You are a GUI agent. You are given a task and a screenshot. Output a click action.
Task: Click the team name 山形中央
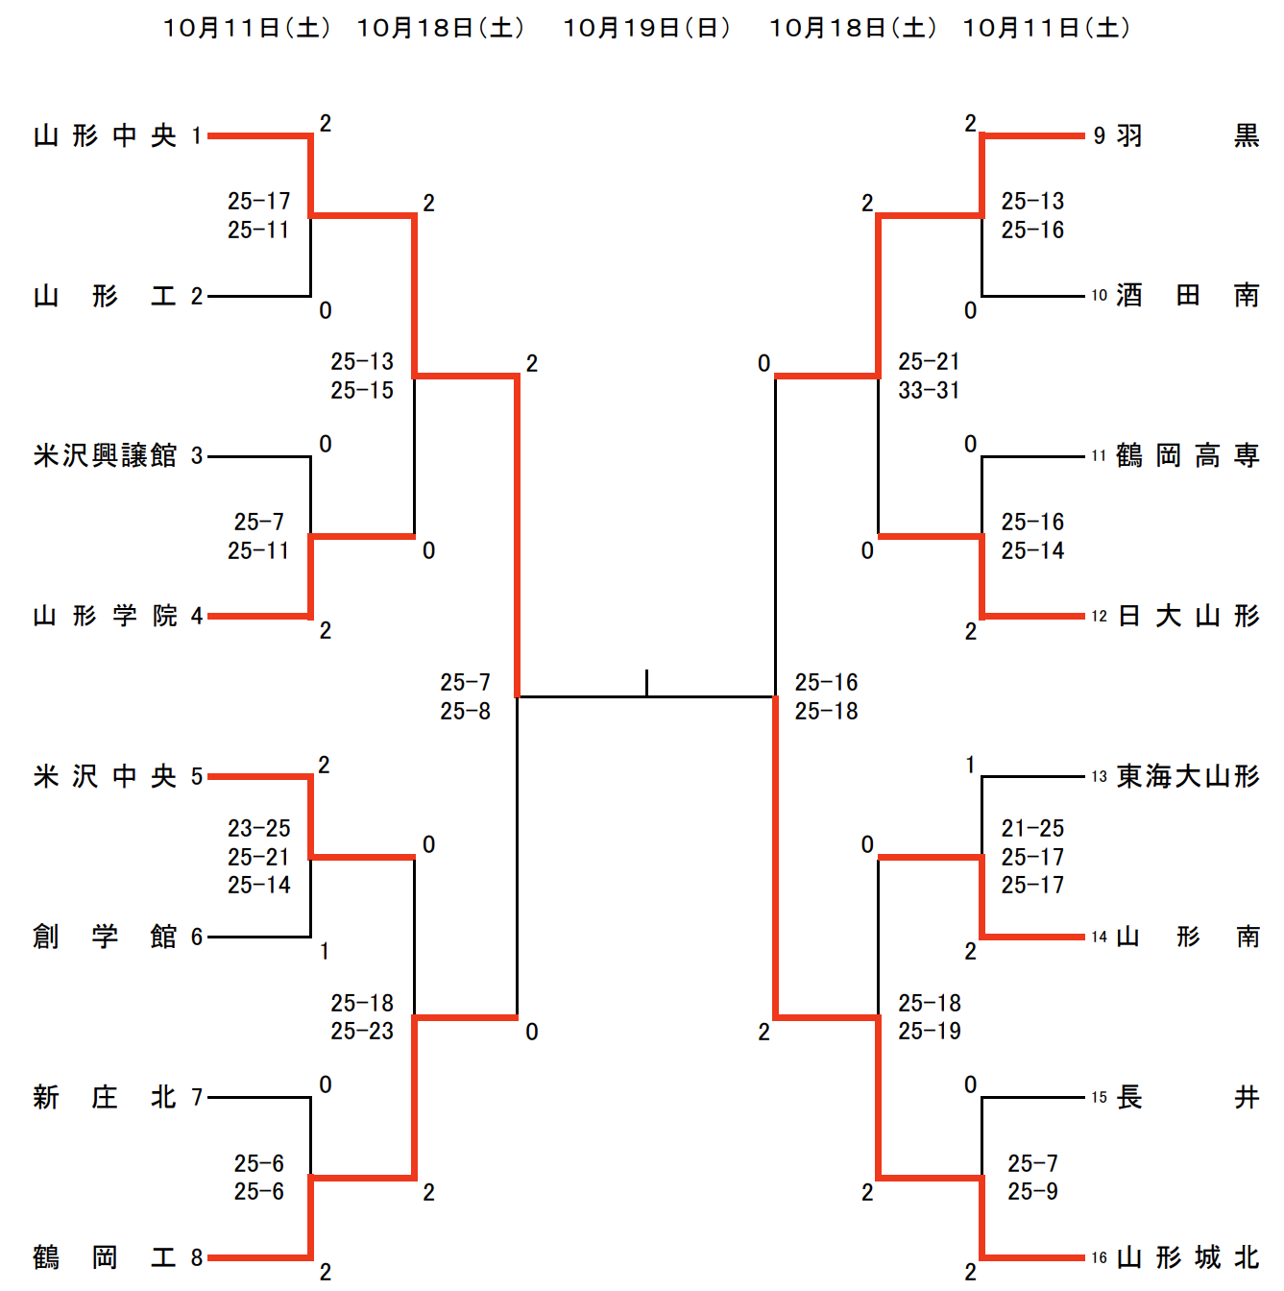[105, 135]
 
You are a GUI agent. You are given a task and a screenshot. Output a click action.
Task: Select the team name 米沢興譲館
[105, 455]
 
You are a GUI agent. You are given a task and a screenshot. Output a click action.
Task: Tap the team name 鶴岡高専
[1187, 455]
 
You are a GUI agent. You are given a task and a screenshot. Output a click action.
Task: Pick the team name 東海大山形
[1187, 776]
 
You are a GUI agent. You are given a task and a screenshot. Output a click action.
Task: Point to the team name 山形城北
[1187, 1257]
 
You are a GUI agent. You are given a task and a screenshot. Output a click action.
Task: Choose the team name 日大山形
[1187, 616]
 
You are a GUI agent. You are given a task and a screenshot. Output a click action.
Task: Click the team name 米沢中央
[105, 776]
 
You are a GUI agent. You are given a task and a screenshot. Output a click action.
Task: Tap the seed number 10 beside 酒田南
[1099, 296]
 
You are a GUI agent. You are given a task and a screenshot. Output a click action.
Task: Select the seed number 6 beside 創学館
[197, 937]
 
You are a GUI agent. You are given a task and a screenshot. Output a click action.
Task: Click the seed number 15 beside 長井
[1099, 1097]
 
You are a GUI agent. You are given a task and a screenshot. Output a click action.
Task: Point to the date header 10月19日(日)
[646, 28]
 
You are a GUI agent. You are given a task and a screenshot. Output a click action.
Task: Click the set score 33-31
[929, 390]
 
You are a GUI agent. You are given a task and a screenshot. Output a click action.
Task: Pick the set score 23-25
[258, 828]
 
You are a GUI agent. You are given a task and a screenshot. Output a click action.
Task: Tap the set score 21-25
[1032, 828]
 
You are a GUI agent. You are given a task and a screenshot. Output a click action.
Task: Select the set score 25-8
[465, 711]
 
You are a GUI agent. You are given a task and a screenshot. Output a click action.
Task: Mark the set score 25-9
[1032, 1191]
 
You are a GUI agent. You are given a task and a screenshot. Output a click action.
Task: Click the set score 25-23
[362, 1031]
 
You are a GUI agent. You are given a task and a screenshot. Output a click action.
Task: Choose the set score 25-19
[929, 1031]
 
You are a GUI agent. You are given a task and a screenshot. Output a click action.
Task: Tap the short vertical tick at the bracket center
[646, 682]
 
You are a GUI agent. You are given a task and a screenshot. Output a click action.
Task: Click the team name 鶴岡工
[105, 1257]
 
